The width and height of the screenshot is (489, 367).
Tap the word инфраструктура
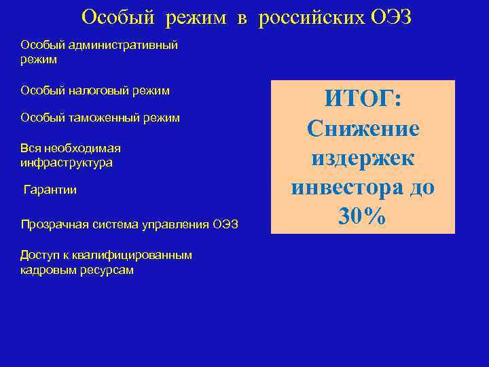(67, 163)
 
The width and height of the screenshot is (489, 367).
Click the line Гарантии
(50, 190)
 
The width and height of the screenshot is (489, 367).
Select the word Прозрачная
(52, 225)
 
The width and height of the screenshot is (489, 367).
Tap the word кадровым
(44, 270)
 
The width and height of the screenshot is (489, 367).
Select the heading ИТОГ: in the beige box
(363, 99)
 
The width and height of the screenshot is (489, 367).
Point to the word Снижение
(363, 128)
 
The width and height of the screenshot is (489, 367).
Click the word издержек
(363, 158)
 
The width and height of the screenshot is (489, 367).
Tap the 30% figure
(363, 216)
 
